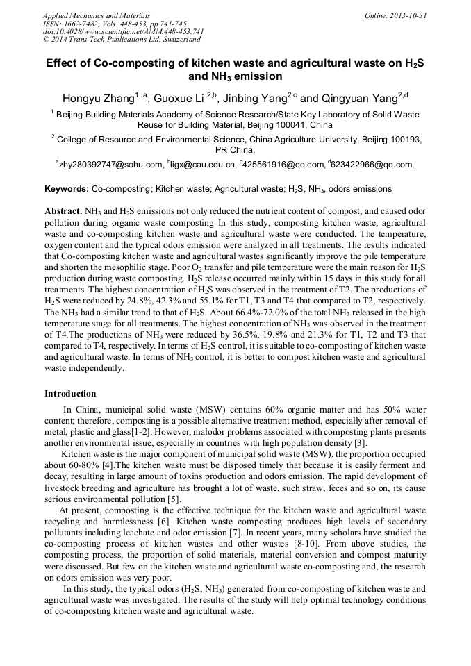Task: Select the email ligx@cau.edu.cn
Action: [x=203, y=165]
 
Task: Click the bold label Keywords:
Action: [x=67, y=189]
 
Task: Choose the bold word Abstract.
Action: [x=63, y=210]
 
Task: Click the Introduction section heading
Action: [x=70, y=394]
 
